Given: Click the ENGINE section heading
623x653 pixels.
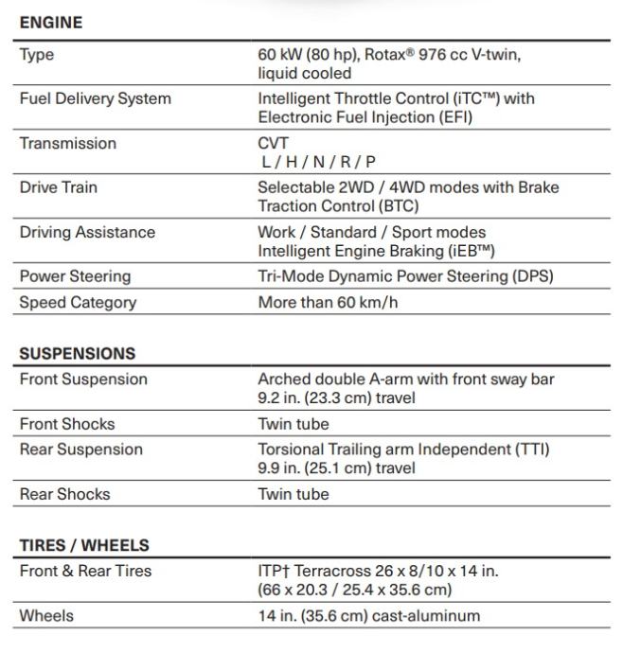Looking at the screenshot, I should (x=51, y=23).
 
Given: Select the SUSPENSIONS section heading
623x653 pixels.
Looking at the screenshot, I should (x=78, y=353).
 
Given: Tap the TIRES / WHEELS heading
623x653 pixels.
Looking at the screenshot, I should (x=84, y=545).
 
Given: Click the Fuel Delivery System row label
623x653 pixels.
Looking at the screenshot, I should (x=96, y=98).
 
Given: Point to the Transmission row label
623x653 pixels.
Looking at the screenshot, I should (x=68, y=143).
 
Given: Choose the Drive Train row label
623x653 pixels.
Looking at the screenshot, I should (x=59, y=187).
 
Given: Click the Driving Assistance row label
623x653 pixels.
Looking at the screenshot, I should (x=87, y=232).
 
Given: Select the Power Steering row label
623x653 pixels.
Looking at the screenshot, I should (x=75, y=276).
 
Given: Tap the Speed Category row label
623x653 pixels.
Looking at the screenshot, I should (x=78, y=302).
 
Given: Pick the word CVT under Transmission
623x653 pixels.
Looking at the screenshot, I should (x=274, y=143).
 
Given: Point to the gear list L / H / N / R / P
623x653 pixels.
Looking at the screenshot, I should (x=319, y=162).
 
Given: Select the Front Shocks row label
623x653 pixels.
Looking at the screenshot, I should (x=67, y=423).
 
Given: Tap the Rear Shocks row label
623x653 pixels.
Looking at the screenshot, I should (x=64, y=493).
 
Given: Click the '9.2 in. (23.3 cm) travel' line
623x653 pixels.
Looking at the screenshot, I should (x=336, y=397).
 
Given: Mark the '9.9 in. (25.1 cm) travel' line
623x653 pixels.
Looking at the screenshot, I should (x=336, y=468).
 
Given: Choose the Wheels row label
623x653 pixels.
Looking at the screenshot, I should (x=46, y=615).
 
